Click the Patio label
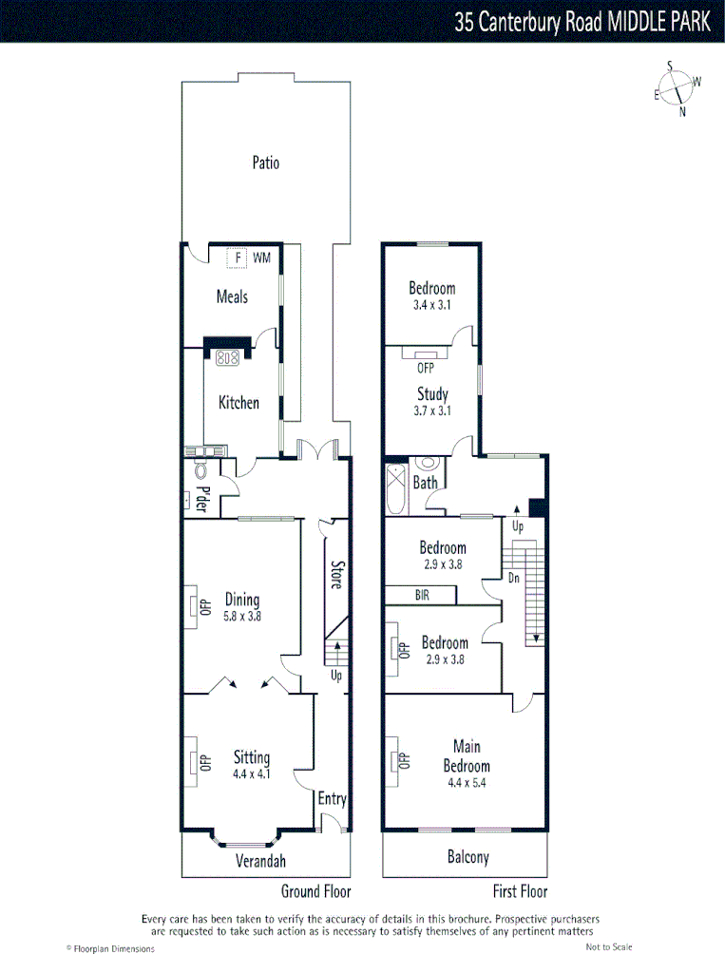pyautogui.click(x=266, y=162)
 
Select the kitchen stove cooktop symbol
pyautogui.click(x=227, y=358)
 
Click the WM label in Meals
pyautogui.click(x=261, y=258)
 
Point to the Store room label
pyautogui.click(x=335, y=574)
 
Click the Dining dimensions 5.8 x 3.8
pyautogui.click(x=242, y=616)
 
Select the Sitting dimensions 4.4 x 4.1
pyautogui.click(x=252, y=773)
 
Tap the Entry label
pyautogui.click(x=332, y=798)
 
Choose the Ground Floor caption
pyautogui.click(x=315, y=891)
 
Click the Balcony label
pyautogui.click(x=467, y=857)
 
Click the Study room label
pyautogui.click(x=432, y=393)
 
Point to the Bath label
pyautogui.click(x=425, y=483)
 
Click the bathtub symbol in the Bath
pyautogui.click(x=395, y=488)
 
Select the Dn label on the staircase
pyautogui.click(x=514, y=577)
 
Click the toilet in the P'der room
pyautogui.click(x=200, y=469)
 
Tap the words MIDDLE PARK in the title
pyautogui.click(x=657, y=22)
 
